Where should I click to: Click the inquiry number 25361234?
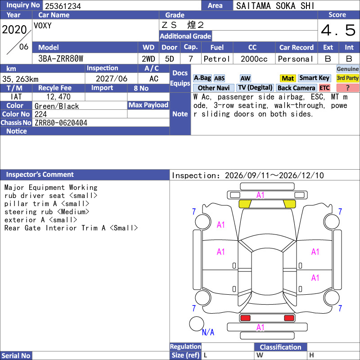pos(63,6)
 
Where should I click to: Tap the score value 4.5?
pos(338,30)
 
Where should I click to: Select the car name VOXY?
pos(43,26)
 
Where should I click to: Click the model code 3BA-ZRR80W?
pos(61,59)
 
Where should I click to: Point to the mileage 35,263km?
pos(20,79)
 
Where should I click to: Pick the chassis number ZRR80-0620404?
pos(61,123)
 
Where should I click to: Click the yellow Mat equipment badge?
pos(288,78)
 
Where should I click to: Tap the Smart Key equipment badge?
pos(314,78)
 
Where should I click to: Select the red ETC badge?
pos(324,88)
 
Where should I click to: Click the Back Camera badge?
pos(296,88)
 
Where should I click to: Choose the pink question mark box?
pos(347,88)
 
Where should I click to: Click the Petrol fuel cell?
pos(216,59)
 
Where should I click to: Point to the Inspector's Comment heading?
pos(40,175)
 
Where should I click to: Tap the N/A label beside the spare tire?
pos(208,332)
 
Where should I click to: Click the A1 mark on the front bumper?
pos(260,195)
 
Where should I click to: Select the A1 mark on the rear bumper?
pos(260,328)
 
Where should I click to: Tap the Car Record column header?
pos(296,47)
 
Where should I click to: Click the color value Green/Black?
pos(57,106)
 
